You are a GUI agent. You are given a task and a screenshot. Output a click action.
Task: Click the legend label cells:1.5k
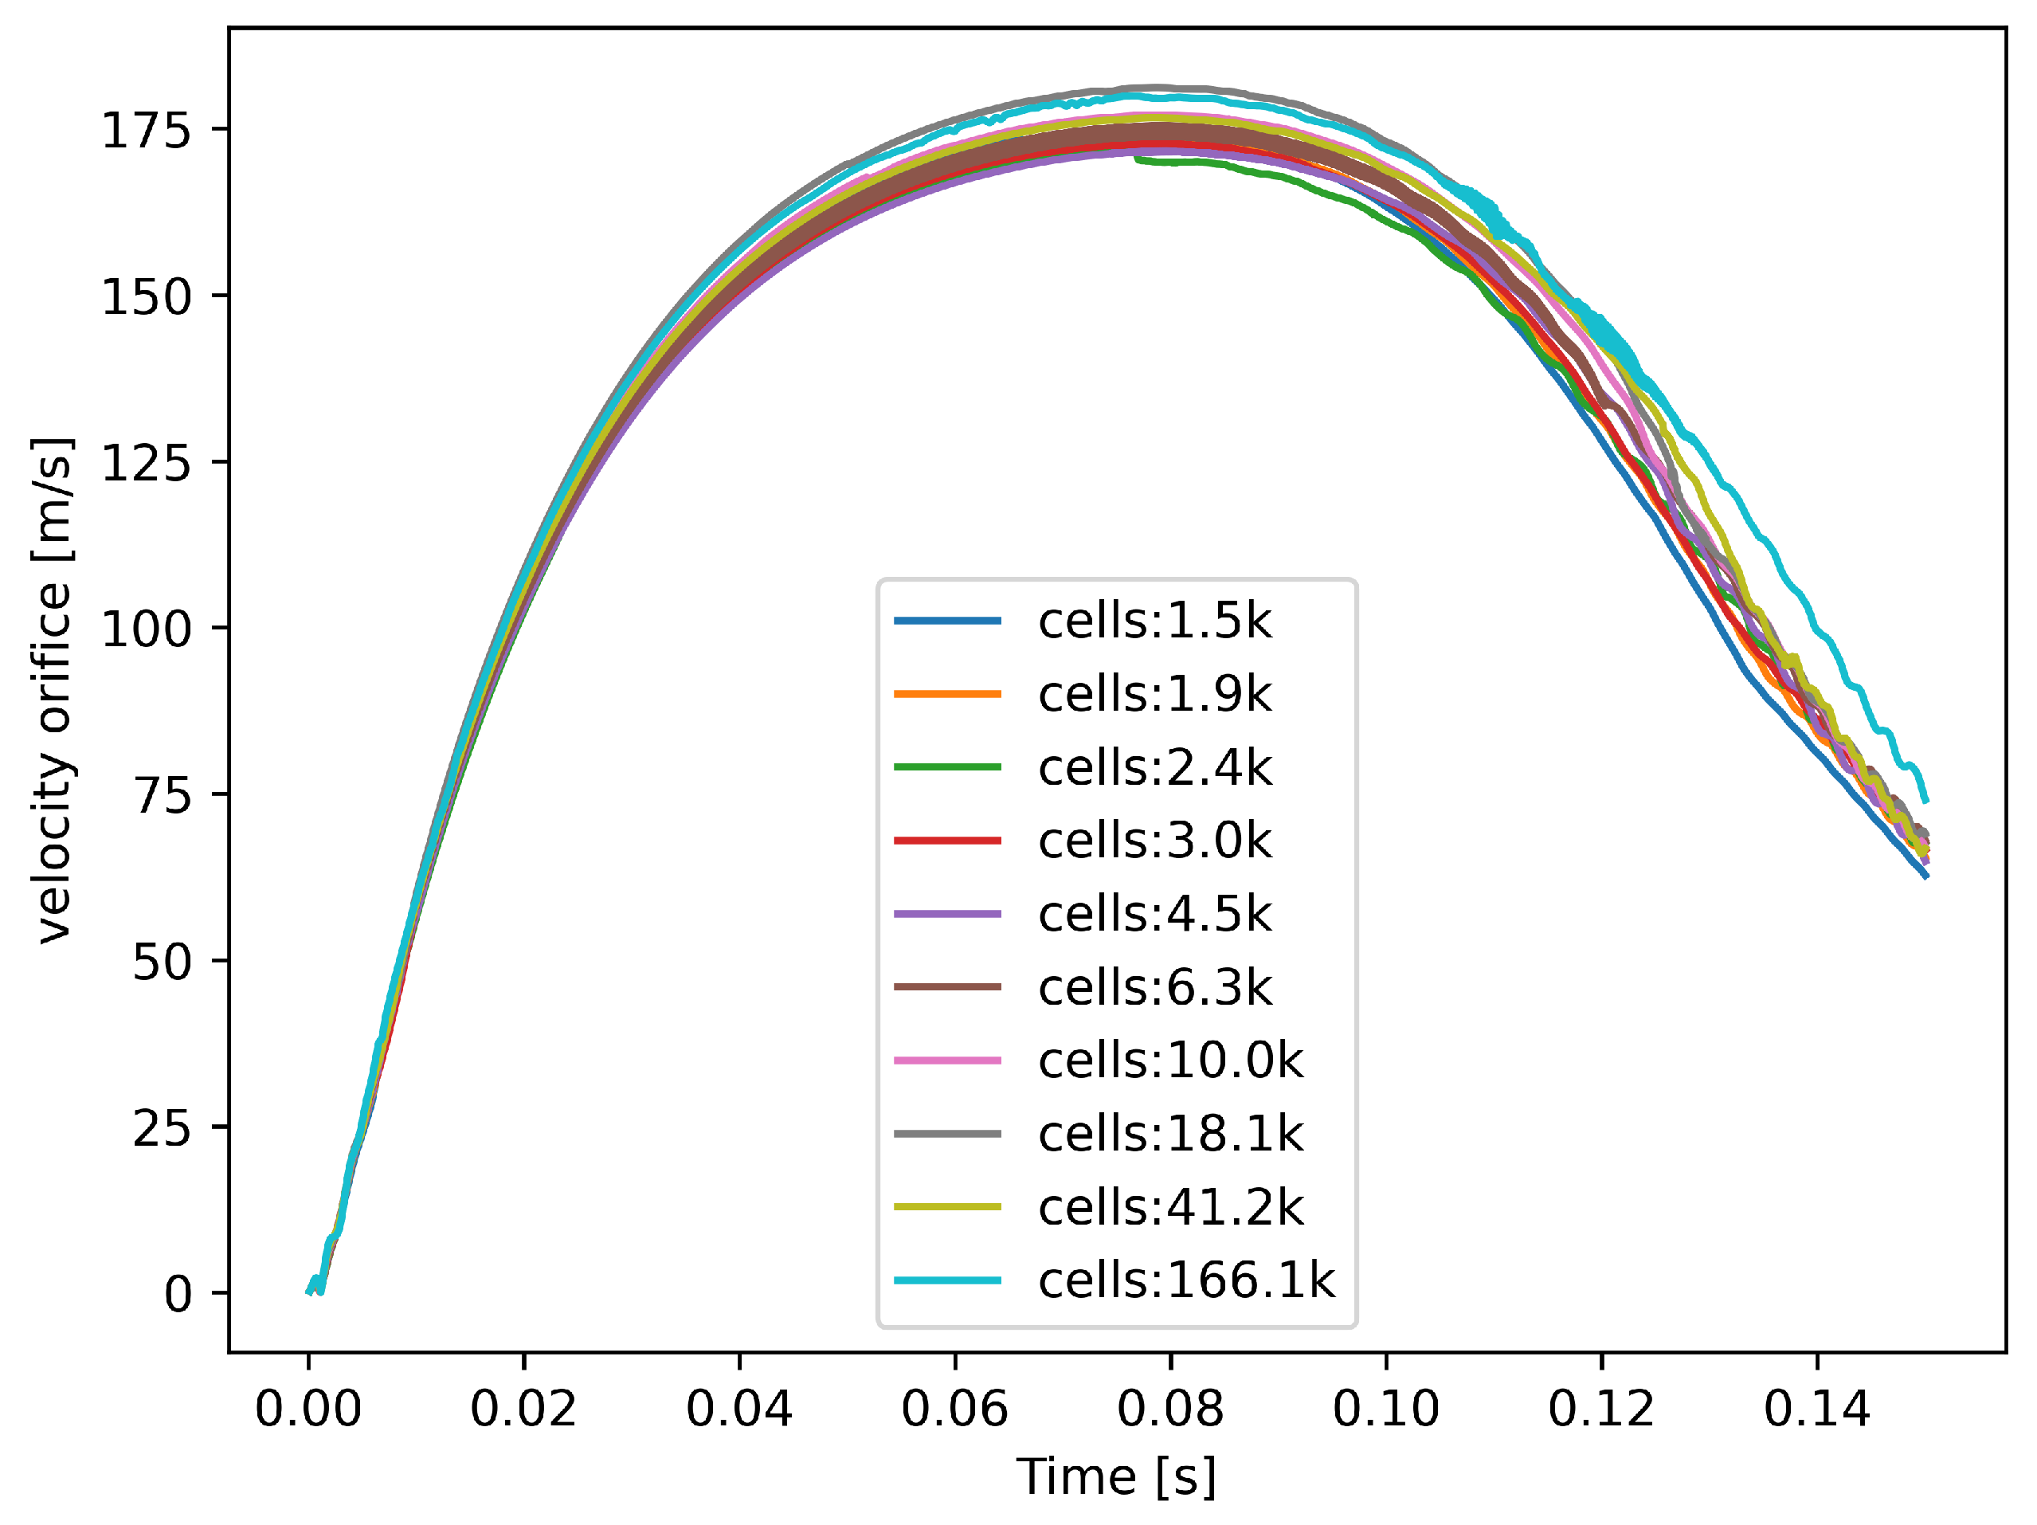click(x=1154, y=621)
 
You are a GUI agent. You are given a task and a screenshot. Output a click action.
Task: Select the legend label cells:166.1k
click(x=1186, y=1281)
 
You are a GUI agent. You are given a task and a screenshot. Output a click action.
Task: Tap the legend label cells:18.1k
click(x=1170, y=1135)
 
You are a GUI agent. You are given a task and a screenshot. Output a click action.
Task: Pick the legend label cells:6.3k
click(x=1154, y=988)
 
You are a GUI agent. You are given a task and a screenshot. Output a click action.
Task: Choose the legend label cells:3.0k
click(x=1154, y=841)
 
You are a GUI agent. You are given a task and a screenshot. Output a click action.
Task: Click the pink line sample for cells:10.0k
click(x=946, y=1060)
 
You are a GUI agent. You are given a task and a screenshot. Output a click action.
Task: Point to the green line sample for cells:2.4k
click(x=946, y=768)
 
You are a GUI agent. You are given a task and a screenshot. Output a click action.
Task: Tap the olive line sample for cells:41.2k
click(x=946, y=1207)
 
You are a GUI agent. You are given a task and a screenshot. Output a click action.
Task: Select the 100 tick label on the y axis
click(x=146, y=630)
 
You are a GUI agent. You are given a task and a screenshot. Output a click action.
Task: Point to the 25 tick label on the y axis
click(x=161, y=1128)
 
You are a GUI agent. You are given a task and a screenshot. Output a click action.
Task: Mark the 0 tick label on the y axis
click(x=177, y=1295)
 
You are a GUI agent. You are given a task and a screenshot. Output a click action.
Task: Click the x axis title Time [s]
click(x=1116, y=1477)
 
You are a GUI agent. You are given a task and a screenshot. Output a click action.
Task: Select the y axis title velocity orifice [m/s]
click(x=53, y=690)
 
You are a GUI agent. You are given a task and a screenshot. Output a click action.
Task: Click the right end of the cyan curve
click(x=1925, y=802)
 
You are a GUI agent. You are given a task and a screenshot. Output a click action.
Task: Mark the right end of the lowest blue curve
click(x=1925, y=876)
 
